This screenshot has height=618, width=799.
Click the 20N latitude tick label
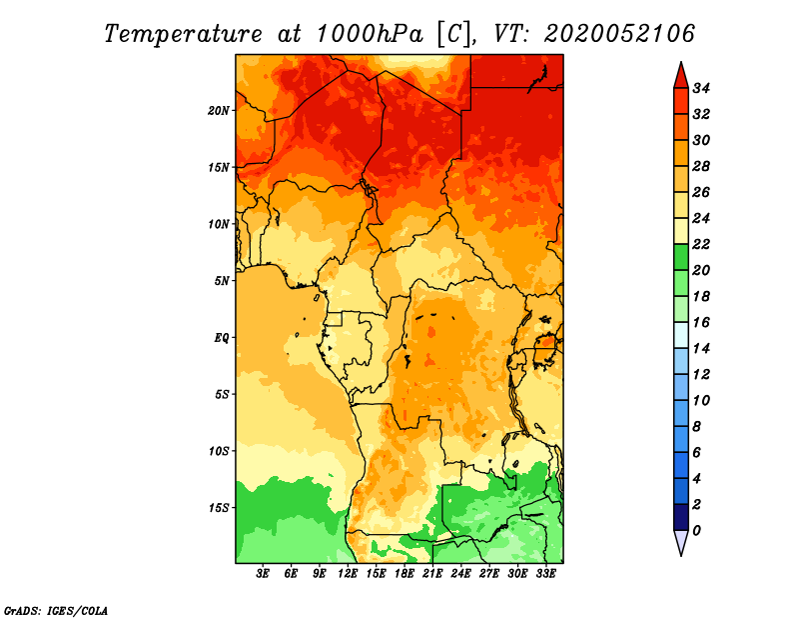(219, 111)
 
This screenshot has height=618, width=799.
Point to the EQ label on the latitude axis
(222, 338)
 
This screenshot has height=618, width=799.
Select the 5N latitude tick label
(222, 281)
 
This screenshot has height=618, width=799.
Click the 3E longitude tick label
(263, 574)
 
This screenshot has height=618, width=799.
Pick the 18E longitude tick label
(404, 574)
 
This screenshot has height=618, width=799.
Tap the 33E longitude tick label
(545, 574)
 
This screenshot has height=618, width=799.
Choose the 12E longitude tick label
(348, 574)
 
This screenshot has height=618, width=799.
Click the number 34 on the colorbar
(701, 88)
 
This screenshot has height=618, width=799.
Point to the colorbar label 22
(701, 244)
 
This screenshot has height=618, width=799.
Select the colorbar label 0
(696, 531)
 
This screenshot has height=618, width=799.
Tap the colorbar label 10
(701, 401)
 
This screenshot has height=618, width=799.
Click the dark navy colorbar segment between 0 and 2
(681, 517)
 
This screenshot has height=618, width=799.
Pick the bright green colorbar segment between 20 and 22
(681, 257)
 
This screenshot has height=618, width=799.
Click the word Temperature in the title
(183, 34)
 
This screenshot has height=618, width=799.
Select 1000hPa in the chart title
(370, 34)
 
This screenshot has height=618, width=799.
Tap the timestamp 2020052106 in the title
(619, 34)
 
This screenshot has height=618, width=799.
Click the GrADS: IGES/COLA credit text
(56, 611)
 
